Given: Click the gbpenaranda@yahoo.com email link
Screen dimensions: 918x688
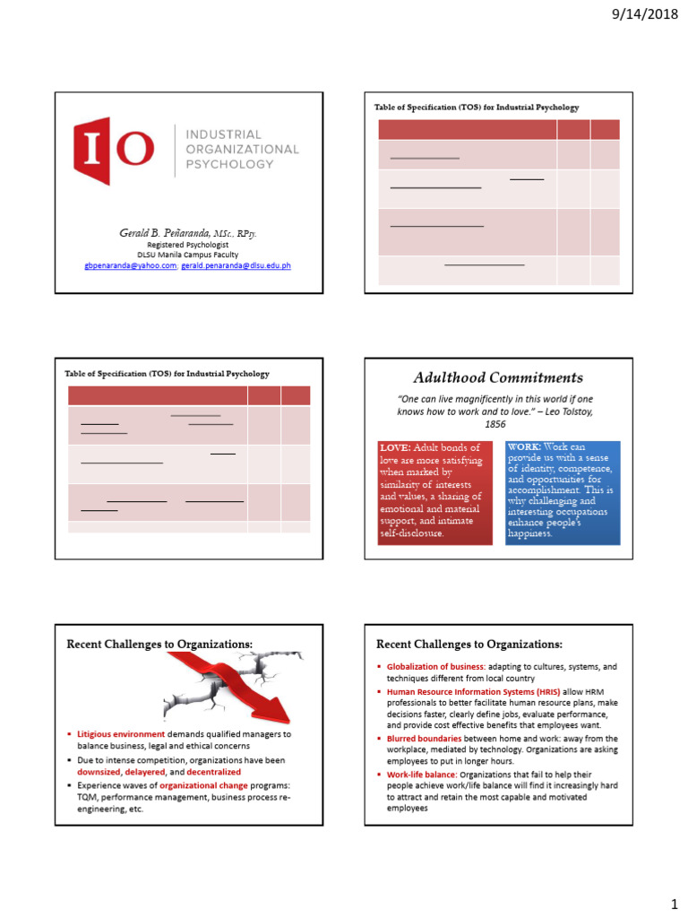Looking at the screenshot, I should point(130,265).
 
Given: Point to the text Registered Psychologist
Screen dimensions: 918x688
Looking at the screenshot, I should point(188,245).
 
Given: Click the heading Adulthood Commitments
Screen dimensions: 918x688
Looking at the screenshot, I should point(497,377).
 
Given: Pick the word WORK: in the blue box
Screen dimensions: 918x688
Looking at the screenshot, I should point(524,446).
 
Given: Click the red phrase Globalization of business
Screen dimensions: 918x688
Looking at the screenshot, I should point(434,667).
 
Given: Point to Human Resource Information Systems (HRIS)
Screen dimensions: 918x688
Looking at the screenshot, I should point(458,693).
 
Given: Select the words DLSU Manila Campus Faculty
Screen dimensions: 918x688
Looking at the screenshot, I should point(188,255).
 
